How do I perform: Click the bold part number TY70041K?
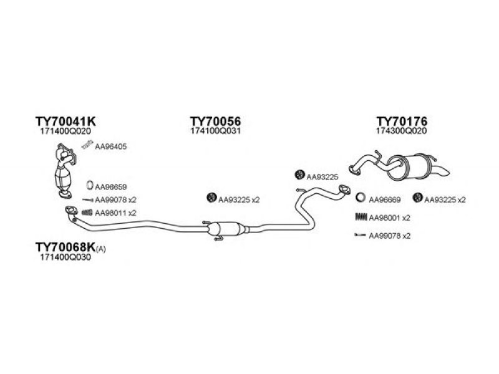coord(65,121)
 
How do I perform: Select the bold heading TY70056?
coord(215,121)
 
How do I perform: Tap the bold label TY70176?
coord(402,121)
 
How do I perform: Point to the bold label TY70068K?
coord(65,247)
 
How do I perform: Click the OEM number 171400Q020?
coord(65,131)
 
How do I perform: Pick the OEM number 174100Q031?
coord(215,131)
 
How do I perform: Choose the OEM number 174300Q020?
coord(402,131)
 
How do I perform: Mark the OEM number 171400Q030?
coord(65,257)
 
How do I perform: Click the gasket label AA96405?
coord(110,146)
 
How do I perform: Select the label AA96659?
coord(110,187)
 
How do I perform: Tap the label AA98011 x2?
coord(115,213)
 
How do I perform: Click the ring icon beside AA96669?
coord(361,198)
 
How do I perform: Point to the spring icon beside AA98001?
coord(361,217)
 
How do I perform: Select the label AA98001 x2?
coord(389,218)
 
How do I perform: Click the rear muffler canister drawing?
coord(409,167)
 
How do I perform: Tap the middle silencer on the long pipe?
coord(226,229)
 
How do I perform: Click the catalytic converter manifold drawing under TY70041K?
coord(65,171)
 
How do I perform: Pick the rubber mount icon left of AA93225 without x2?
coord(299,175)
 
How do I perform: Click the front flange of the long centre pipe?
coord(71,210)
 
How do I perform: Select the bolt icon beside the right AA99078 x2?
coord(361,236)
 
